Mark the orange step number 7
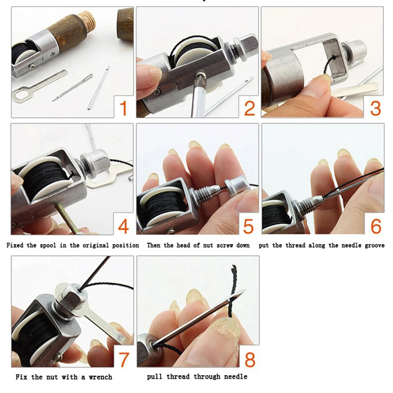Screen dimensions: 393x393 click(x=123, y=358)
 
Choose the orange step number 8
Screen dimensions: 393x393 click(x=249, y=358)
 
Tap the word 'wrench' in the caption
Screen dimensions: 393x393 click(x=100, y=377)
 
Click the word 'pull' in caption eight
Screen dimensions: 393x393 click(x=154, y=377)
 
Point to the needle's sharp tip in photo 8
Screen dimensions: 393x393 click(x=244, y=291)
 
